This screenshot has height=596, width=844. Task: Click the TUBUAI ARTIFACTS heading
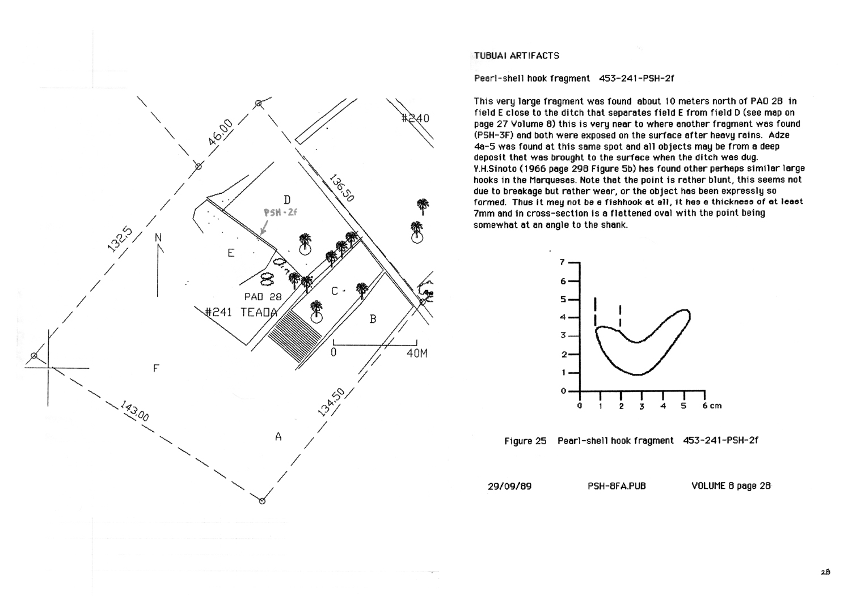tap(516, 56)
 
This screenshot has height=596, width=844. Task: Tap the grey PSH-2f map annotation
tap(280, 213)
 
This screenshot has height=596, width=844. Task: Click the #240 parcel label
tap(415, 118)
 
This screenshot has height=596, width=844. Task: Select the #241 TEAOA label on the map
tap(241, 312)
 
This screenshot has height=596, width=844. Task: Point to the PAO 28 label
tap(263, 297)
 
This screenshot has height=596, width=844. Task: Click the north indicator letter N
tap(158, 237)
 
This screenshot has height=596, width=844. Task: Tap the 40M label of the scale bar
tap(417, 354)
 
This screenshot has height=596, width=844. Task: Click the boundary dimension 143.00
tap(134, 411)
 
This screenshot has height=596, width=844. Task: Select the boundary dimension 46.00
tap(220, 133)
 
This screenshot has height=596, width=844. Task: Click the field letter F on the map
tap(156, 369)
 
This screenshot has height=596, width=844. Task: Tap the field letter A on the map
tap(278, 437)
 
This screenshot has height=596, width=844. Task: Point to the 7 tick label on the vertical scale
tap(562, 262)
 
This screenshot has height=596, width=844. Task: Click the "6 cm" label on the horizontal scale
tap(712, 406)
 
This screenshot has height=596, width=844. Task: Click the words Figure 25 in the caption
tap(525, 441)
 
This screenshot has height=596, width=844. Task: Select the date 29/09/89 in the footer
tap(509, 486)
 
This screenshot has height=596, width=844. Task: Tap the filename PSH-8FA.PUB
tap(617, 486)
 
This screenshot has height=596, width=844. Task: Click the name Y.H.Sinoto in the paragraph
tap(495, 168)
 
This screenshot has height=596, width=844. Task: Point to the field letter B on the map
tap(373, 320)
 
